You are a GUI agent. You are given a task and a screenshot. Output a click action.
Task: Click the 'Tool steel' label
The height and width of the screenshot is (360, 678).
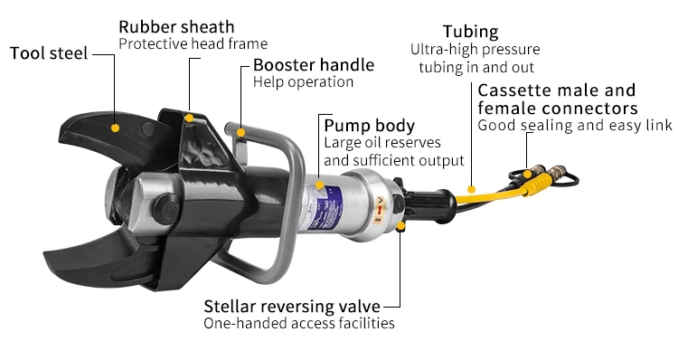click(x=49, y=53)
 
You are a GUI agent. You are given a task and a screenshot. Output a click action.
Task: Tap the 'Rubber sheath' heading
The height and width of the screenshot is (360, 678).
click(x=176, y=27)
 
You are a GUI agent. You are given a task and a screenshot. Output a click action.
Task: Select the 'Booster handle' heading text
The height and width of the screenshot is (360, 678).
click(x=313, y=65)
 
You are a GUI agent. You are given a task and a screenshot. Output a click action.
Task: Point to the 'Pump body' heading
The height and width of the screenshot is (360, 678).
click(x=369, y=125)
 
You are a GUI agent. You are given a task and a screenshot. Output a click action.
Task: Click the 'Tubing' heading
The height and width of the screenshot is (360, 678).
click(x=470, y=33)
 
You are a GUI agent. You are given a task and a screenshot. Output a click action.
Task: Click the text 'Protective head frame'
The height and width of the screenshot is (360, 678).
click(x=193, y=43)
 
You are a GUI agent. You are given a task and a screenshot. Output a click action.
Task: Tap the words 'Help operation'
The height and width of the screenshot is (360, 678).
click(x=303, y=82)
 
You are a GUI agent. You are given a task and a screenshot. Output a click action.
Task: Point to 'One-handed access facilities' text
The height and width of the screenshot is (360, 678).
click(x=298, y=323)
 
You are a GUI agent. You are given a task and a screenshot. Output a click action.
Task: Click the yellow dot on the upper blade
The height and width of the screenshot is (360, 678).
click(x=116, y=128)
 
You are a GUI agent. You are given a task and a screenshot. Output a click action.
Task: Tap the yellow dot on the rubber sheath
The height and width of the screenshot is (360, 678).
click(x=189, y=117)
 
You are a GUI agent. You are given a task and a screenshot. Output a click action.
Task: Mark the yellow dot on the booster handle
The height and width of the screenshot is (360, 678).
click(x=240, y=134)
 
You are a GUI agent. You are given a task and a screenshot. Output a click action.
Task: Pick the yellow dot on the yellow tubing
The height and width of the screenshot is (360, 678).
click(x=470, y=191)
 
